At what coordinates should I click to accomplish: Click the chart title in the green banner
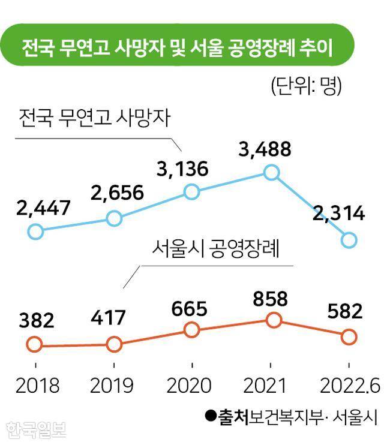click(x=178, y=46)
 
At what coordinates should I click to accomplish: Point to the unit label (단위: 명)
click(x=306, y=86)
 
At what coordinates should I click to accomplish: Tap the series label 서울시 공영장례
click(x=217, y=248)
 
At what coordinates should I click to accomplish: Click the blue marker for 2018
click(x=35, y=231)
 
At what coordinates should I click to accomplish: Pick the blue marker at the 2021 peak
click(x=272, y=173)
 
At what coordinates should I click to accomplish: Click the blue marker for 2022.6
click(x=349, y=240)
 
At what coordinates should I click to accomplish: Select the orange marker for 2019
click(x=114, y=344)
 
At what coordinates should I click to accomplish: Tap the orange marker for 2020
click(x=191, y=329)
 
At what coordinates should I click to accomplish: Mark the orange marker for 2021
click(x=274, y=320)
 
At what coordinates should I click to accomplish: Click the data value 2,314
click(x=339, y=213)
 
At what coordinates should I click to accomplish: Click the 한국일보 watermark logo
click(x=36, y=429)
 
